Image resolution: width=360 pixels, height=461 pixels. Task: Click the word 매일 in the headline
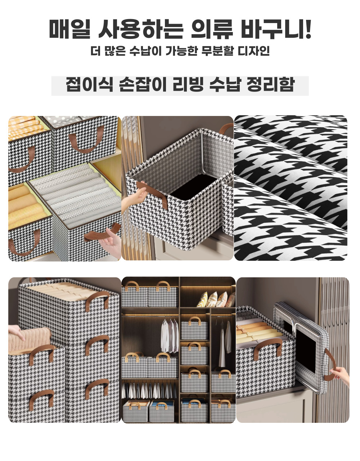click(x=70, y=29)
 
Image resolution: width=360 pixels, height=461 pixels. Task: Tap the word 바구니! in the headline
click(x=276, y=29)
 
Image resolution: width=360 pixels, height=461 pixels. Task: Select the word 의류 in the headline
click(x=212, y=29)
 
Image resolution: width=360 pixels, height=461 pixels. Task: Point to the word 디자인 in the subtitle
click(x=253, y=51)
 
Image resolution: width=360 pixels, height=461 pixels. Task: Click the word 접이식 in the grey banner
click(x=90, y=84)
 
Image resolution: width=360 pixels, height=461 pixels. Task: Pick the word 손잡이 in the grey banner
click(x=143, y=84)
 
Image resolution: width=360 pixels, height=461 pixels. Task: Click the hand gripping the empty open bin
click(x=134, y=197)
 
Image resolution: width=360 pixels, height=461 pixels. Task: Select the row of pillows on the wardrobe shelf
click(x=216, y=299)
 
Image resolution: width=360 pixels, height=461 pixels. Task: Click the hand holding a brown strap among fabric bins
click(x=111, y=242)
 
